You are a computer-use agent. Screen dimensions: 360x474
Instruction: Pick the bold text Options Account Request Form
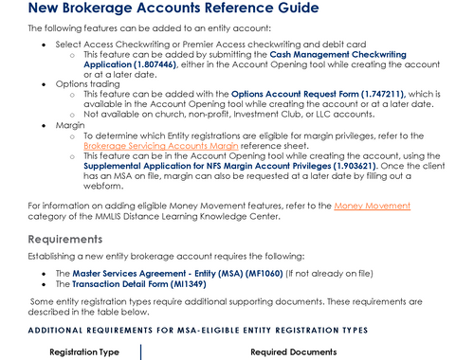tap(271, 94)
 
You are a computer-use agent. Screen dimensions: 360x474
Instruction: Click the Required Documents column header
tap(293, 351)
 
